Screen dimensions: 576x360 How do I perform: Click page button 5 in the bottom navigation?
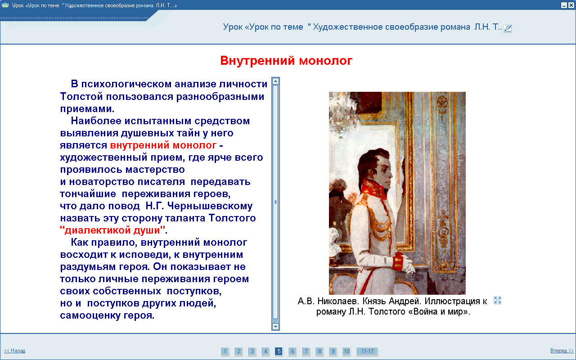tap(279, 351)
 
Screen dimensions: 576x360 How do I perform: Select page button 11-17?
tap(367, 351)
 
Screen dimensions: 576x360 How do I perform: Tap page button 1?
tap(225, 351)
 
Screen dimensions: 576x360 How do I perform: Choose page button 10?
tap(346, 351)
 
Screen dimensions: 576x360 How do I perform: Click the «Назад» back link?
tap(15, 351)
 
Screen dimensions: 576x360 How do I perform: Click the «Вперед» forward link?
tap(562, 351)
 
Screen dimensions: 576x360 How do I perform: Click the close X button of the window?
tap(571, 5)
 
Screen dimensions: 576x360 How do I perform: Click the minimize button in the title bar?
tap(564, 5)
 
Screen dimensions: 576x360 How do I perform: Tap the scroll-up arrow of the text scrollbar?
tap(275, 81)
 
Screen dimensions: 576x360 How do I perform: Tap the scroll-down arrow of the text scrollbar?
tap(275, 327)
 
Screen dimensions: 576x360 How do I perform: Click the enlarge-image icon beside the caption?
tap(498, 300)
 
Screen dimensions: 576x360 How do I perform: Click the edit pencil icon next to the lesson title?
tap(508, 28)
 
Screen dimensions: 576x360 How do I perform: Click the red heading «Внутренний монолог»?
tap(286, 61)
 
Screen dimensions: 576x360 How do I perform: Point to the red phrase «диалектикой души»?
tap(112, 230)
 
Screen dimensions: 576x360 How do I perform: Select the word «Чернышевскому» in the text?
tap(210, 206)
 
